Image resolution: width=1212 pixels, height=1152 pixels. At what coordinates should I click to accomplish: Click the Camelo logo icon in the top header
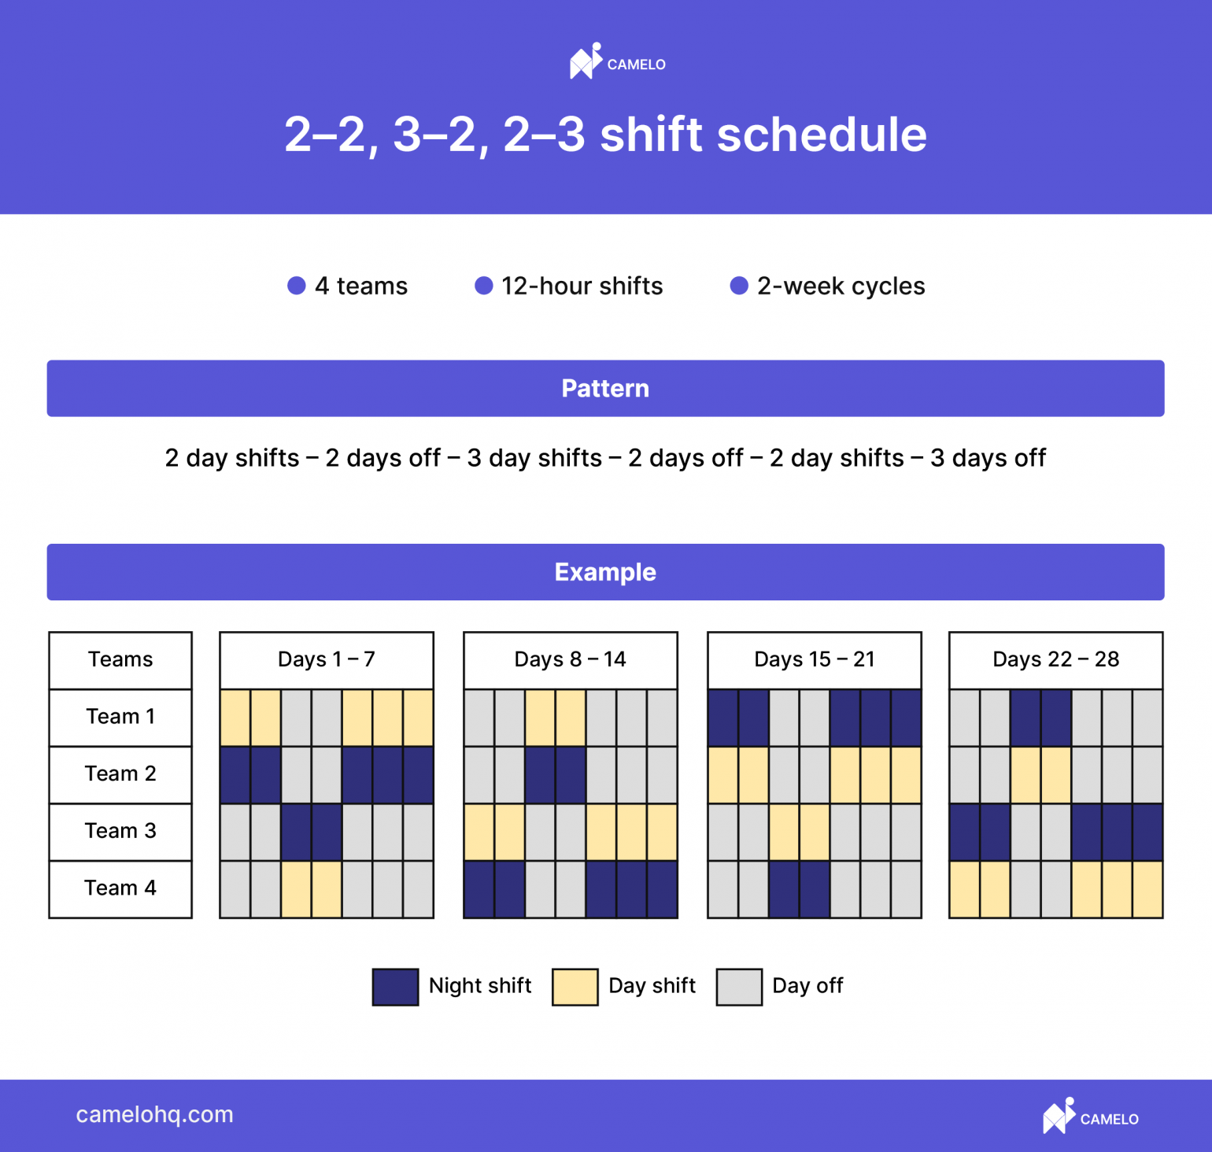[x=586, y=61]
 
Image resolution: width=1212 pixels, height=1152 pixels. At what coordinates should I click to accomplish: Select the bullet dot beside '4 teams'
[x=296, y=286]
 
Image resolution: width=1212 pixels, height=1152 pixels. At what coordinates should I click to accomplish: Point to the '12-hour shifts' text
[x=582, y=286]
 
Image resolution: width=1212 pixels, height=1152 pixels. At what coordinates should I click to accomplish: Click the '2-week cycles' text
[x=841, y=286]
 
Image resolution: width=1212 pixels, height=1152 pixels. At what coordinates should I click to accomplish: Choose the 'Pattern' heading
[x=605, y=389]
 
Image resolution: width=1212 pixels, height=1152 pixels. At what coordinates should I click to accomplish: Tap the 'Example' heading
[x=605, y=572]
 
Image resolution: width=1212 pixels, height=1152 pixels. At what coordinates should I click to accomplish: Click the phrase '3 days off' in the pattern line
[x=988, y=458]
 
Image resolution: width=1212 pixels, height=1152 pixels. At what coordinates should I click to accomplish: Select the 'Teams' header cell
[x=120, y=659]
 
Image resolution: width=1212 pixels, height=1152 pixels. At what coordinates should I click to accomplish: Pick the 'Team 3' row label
[x=120, y=831]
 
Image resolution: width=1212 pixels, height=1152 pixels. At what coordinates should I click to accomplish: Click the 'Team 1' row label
[x=120, y=717]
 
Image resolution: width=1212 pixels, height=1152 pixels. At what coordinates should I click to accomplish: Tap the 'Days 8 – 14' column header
[x=570, y=659]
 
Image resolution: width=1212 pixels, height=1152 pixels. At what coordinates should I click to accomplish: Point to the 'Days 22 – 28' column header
[x=1055, y=659]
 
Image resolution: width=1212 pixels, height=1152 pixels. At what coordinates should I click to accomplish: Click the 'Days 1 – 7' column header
[x=326, y=659]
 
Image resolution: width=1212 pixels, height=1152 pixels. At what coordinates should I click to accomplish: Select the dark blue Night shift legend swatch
[x=395, y=987]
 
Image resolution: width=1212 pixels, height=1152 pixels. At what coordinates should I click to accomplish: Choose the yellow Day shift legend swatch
[x=575, y=987]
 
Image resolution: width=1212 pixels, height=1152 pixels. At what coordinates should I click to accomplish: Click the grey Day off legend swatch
[x=739, y=987]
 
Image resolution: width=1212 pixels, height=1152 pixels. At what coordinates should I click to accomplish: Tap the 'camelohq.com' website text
[x=154, y=1115]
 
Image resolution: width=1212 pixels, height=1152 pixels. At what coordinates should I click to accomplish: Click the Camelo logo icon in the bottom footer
[x=1059, y=1116]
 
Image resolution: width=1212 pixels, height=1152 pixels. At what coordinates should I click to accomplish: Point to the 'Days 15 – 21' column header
[x=814, y=659]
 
